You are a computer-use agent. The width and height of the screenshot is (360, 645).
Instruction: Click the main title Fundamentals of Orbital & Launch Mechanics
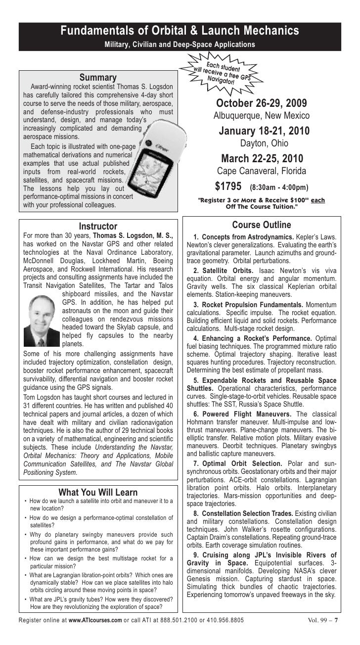[x=180, y=31]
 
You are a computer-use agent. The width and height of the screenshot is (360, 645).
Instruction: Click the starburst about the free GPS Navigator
[x=223, y=72]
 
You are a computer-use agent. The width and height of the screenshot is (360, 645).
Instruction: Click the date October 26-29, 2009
[x=261, y=104]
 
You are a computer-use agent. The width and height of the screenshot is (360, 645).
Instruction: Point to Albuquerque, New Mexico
[x=261, y=116]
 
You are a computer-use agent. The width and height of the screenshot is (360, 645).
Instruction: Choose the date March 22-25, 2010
[x=261, y=159]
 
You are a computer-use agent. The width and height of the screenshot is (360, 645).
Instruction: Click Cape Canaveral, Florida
[x=261, y=172]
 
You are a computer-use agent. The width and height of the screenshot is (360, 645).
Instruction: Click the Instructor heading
[x=98, y=227]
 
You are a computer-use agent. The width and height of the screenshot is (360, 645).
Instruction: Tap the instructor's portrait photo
[x=42, y=317]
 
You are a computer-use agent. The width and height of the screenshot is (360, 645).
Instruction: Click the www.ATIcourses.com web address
[x=95, y=633]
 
